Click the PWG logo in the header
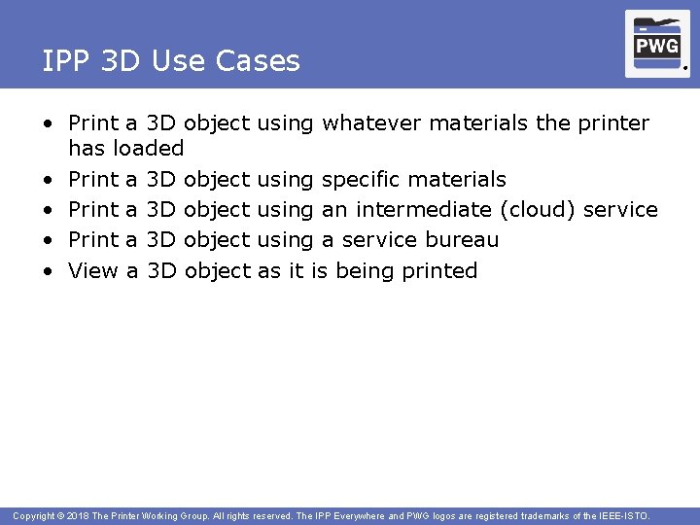click(x=657, y=44)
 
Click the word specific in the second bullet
click(x=361, y=180)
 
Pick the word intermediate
click(x=423, y=210)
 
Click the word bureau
click(x=462, y=240)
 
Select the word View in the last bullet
click(x=93, y=270)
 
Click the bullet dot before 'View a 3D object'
click(x=47, y=271)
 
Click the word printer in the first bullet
click(x=612, y=123)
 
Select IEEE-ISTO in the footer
click(x=622, y=515)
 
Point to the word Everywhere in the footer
click(x=373, y=515)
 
